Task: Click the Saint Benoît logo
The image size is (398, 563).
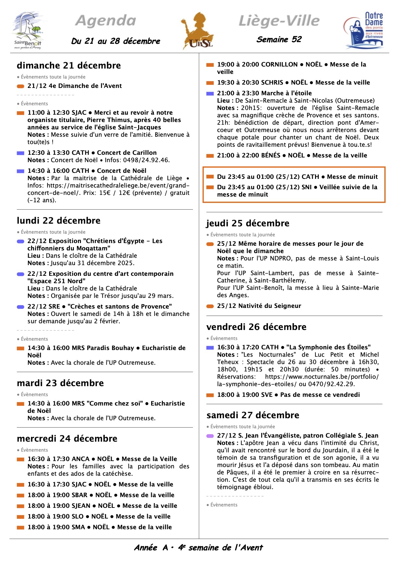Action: [28, 31]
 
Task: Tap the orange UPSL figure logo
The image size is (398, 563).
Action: [198, 31]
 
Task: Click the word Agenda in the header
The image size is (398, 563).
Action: [106, 21]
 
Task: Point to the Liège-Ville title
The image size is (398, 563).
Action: [279, 21]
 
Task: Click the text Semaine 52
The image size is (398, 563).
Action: [279, 39]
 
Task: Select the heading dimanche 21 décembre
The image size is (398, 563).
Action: [69, 66]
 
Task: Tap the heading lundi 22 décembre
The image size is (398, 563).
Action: [59, 221]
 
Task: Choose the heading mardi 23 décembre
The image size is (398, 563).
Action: [60, 383]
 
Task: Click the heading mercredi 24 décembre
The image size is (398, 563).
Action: [67, 439]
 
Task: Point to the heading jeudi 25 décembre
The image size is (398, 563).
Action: [248, 223]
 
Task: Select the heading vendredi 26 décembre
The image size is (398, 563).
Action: [256, 327]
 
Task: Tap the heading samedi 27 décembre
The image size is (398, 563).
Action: [253, 415]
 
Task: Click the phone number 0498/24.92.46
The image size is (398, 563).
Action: [146, 160]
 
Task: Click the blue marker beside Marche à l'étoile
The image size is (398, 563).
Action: [210, 94]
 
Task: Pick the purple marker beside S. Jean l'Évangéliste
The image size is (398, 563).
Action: [210, 436]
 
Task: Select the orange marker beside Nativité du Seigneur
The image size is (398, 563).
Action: [210, 306]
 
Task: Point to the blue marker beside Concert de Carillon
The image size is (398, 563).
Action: [20, 153]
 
